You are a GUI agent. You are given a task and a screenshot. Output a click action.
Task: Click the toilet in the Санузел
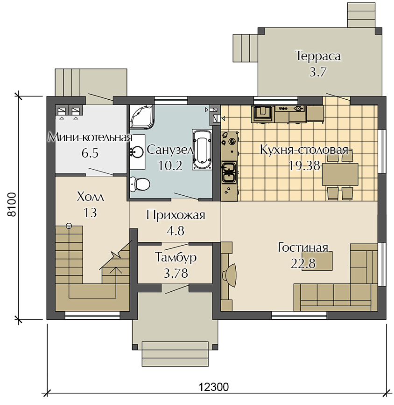(x=140, y=184)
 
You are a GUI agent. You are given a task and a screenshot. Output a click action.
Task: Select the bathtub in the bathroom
(x=202, y=150)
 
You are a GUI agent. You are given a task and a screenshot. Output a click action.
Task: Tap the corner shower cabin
(x=141, y=117)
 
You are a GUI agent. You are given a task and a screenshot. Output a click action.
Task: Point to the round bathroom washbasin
(x=137, y=152)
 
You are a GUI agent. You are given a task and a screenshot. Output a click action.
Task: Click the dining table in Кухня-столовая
(x=340, y=174)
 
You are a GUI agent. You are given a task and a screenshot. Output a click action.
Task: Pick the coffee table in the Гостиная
(x=317, y=261)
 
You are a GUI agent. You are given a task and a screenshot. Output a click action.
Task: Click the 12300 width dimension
(x=214, y=387)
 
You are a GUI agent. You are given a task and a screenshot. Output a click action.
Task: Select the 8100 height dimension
(x=12, y=204)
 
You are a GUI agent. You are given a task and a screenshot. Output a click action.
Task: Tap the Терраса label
(x=318, y=56)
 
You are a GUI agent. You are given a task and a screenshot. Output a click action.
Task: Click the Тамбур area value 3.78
(x=176, y=274)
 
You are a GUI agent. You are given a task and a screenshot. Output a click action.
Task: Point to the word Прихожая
(x=176, y=215)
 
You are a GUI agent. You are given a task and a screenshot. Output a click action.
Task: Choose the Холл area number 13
(x=90, y=213)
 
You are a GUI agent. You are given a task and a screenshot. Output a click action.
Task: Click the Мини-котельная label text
(x=90, y=137)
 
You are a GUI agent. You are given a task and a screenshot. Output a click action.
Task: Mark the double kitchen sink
(x=229, y=172)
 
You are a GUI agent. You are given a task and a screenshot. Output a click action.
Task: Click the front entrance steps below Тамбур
(x=175, y=354)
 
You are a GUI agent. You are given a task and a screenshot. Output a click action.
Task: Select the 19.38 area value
(x=304, y=166)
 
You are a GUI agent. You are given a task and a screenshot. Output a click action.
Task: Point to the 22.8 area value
(x=303, y=264)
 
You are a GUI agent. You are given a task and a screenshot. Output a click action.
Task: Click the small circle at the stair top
(x=69, y=226)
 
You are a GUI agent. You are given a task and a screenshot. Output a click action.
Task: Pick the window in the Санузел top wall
(x=171, y=101)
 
